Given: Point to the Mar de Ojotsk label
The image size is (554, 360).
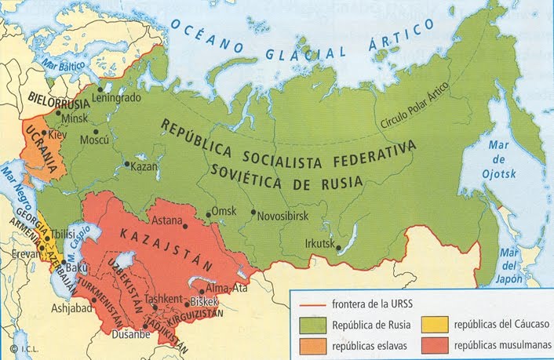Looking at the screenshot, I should point(498,163).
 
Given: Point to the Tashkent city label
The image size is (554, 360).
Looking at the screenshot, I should point(164,299).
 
